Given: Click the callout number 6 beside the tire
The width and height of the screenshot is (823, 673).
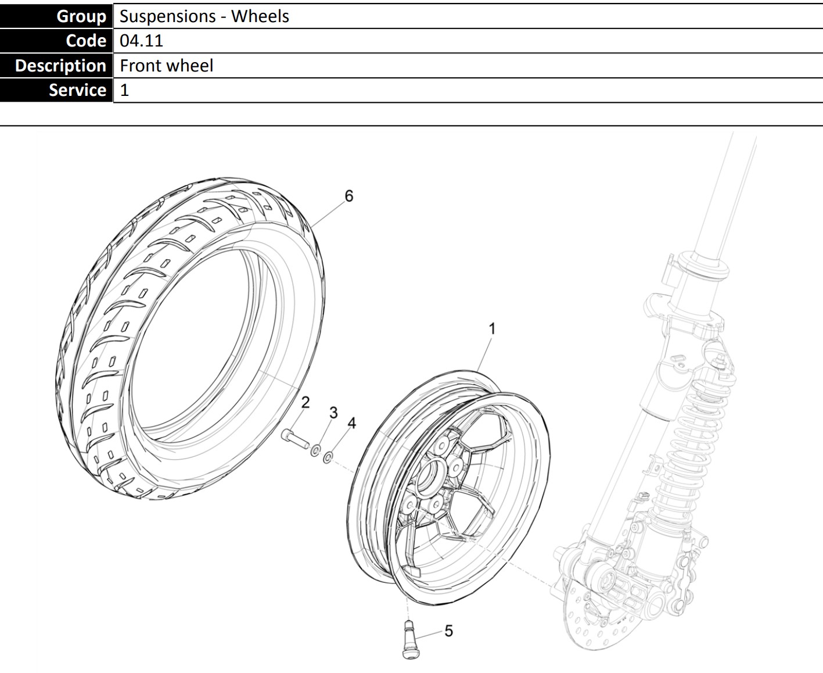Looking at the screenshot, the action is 349,196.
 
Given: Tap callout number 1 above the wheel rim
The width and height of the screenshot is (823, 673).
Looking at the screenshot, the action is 492,328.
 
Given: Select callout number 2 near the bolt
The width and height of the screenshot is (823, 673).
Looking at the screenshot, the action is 305,402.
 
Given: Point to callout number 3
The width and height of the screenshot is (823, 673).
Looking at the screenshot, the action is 333,413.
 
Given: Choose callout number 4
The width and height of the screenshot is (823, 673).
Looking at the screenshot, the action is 351,423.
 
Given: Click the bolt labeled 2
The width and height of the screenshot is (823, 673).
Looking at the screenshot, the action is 295,439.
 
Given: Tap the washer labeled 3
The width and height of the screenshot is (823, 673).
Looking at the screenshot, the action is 315,451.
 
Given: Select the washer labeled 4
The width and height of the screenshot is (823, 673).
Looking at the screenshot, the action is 328,457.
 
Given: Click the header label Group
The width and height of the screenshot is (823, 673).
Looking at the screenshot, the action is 81,16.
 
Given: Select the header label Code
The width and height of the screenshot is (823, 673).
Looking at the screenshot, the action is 86,41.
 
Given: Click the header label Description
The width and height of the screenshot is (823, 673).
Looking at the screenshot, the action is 60,65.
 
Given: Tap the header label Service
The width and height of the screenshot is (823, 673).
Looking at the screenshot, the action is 77,90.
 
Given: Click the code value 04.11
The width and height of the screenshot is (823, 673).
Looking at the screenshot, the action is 141,41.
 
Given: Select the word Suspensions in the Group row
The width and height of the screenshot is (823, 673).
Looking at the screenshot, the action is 167,16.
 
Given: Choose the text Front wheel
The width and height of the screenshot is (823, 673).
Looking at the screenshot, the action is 167,65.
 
